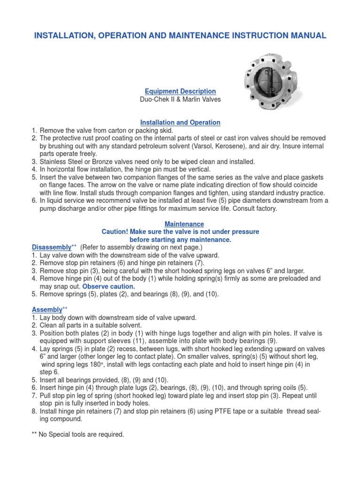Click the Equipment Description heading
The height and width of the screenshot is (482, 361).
tap(180, 91)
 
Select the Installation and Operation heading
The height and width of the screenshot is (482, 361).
tap(180, 122)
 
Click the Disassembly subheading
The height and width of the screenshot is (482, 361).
tap(51, 247)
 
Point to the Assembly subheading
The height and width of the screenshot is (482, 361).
tap(47, 310)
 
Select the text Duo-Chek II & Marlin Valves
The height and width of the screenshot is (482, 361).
tap(180, 99)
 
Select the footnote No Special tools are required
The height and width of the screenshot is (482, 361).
tap(82, 434)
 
